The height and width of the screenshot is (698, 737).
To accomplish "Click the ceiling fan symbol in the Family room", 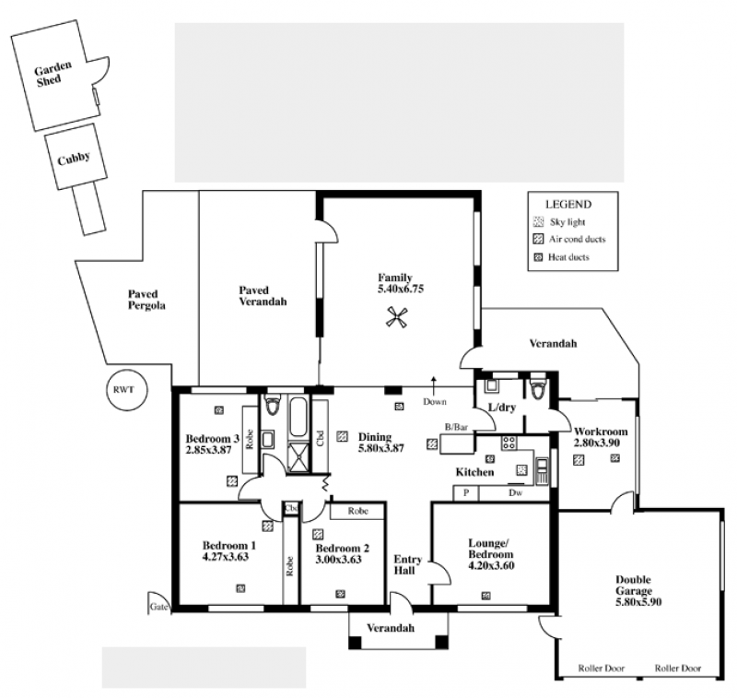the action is click(x=396, y=316).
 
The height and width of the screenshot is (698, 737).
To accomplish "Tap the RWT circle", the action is click(x=126, y=390).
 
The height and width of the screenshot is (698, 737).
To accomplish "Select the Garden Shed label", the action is click(x=52, y=74).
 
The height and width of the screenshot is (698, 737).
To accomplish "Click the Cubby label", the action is click(x=74, y=159).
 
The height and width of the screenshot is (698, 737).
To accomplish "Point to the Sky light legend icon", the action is click(x=539, y=222).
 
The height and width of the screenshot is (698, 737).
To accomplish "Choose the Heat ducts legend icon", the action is click(x=539, y=257).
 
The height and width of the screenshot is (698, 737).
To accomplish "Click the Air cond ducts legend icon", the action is click(x=539, y=240).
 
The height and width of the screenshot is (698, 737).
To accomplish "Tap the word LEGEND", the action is click(x=568, y=205).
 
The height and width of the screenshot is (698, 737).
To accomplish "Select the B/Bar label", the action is click(x=456, y=427).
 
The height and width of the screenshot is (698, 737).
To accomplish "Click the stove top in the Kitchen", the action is click(x=509, y=443).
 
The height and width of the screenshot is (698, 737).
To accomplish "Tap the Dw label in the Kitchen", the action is click(x=515, y=493).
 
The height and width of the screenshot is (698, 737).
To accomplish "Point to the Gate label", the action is click(x=158, y=607).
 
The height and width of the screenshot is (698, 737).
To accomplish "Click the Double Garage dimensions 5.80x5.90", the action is click(x=638, y=602).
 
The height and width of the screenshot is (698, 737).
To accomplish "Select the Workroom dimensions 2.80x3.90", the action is click(x=597, y=443).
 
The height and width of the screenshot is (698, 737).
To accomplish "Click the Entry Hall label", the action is click(x=407, y=565).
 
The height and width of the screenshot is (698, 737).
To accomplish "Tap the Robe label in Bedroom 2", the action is click(x=358, y=511).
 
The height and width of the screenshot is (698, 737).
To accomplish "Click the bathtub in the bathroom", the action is click(x=298, y=418).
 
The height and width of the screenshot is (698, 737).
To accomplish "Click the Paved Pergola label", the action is click(x=146, y=300).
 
